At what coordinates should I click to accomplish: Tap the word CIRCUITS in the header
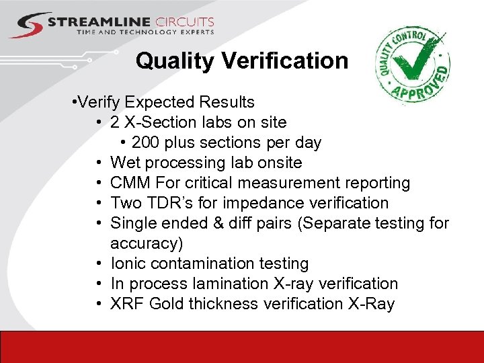(x=184, y=22)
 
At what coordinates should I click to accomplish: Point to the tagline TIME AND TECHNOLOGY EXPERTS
(x=145, y=32)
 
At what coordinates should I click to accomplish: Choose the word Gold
(x=167, y=304)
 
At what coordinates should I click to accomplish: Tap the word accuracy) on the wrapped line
(x=142, y=243)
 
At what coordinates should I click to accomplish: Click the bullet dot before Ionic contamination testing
(x=99, y=264)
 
